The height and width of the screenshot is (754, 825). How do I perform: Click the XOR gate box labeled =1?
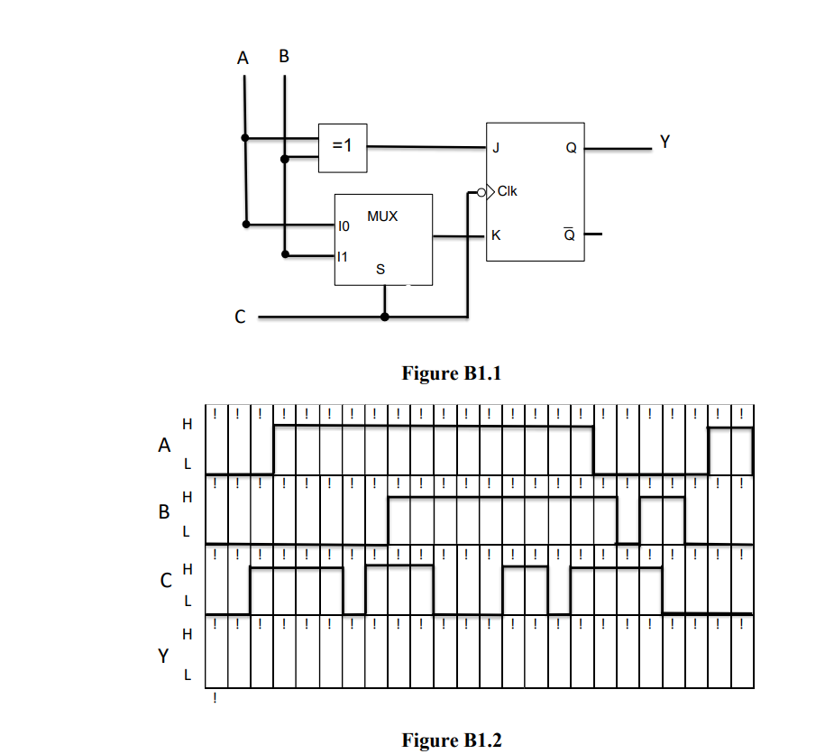tap(343, 147)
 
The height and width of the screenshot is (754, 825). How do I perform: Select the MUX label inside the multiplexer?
tap(382, 217)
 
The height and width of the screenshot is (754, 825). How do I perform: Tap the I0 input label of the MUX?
tap(343, 227)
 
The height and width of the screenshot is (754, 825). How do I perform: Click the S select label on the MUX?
tap(380, 270)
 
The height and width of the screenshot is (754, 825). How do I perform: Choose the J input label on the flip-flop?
tap(495, 148)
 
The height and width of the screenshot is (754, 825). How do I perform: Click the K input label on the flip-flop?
tap(495, 236)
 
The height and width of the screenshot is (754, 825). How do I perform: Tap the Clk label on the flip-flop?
tap(508, 191)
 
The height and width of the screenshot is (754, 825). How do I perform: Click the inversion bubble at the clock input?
tap(482, 191)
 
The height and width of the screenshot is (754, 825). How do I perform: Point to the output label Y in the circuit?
tap(665, 142)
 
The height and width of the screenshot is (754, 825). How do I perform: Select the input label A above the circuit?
tap(243, 59)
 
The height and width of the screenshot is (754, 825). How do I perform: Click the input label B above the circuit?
tap(285, 57)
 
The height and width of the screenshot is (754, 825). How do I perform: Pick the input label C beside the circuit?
tap(239, 317)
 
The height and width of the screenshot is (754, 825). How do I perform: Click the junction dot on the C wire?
tap(385, 317)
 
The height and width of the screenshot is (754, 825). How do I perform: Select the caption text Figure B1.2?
tap(451, 740)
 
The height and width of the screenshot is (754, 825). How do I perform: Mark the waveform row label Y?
tap(163, 656)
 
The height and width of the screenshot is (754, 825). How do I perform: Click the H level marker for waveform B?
tap(188, 497)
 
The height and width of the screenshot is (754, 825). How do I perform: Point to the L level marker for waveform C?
tap(188, 599)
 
